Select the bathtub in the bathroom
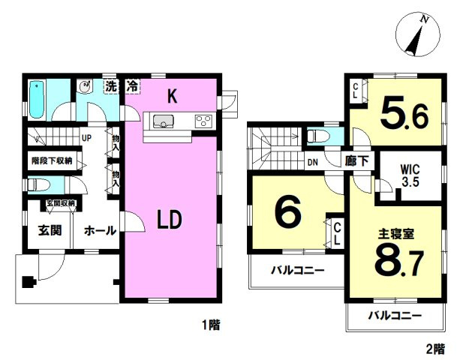pos(38,99)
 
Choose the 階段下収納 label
pos(51,160)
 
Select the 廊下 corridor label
pos(356,160)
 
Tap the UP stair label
pos(87,138)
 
